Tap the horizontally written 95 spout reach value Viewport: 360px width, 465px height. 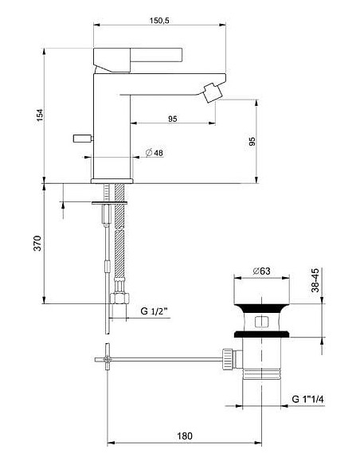click(x=172, y=117)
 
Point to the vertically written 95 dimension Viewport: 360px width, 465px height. click(x=252, y=142)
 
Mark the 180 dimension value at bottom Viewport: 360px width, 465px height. click(x=185, y=436)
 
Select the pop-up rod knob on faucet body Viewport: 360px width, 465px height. click(x=81, y=139)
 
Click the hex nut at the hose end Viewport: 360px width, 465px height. click(x=118, y=299)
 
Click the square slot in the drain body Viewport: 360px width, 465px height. click(x=260, y=322)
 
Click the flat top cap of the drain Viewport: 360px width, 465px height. click(x=260, y=303)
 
